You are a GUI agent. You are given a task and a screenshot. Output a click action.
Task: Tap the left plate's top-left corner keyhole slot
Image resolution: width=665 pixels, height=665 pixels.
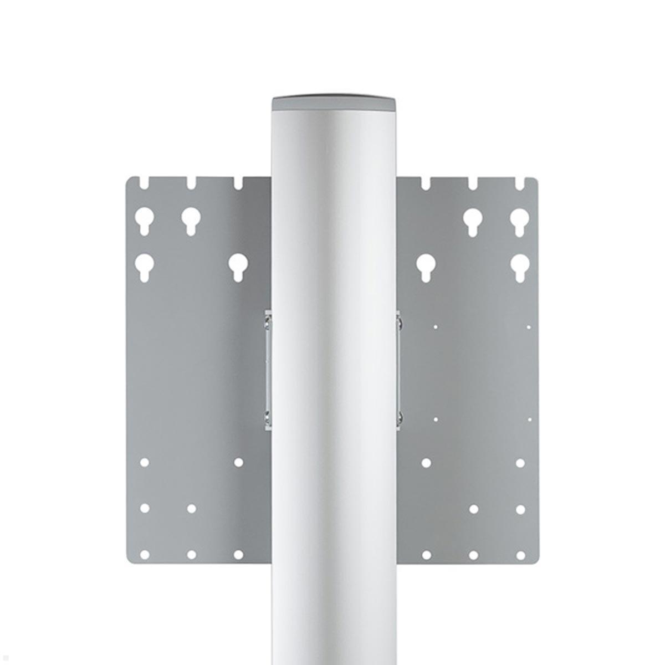point(145,217)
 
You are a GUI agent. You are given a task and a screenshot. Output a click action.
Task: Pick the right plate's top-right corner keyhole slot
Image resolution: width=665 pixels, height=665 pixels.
point(519,217)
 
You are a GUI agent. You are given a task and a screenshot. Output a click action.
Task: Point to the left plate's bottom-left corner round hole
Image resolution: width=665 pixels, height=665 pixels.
point(145,554)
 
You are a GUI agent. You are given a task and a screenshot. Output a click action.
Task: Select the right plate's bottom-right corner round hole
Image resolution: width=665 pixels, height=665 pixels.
point(520,554)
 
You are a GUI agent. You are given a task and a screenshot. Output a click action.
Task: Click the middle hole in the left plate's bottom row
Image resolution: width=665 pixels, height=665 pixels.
point(191,554)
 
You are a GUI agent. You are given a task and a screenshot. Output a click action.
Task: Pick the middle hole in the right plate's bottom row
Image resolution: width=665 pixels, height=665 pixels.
point(473,554)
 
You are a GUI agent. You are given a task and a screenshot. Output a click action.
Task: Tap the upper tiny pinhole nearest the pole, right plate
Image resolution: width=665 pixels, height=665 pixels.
point(436,327)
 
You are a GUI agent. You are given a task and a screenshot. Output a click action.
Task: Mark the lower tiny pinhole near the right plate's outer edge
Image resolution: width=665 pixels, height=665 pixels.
point(529,420)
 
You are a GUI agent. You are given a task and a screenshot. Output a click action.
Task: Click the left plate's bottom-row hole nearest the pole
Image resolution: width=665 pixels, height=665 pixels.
point(238,554)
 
